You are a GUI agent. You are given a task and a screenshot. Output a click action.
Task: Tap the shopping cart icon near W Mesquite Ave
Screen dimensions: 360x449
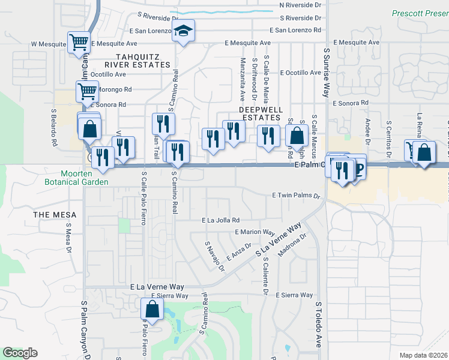pos(79,43)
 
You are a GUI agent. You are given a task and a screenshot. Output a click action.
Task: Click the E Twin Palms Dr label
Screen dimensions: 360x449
pos(297,196)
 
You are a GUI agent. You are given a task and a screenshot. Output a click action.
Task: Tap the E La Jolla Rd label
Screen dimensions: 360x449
pos(221,220)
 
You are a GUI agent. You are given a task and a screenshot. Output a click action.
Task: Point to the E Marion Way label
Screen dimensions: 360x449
pos(255,232)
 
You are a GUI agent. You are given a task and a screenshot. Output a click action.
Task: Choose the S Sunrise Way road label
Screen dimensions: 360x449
pos(327,73)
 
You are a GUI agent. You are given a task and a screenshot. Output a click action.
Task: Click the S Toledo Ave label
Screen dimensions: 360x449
pos(318,325)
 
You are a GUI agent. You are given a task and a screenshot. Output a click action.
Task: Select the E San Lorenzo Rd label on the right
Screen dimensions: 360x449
pos(295,29)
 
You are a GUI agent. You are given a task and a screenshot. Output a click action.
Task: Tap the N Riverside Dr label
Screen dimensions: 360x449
pos(305,5)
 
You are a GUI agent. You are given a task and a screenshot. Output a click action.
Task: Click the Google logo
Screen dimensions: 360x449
pos(20,353)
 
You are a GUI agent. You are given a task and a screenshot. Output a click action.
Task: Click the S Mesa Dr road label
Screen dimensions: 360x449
pos(68,237)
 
